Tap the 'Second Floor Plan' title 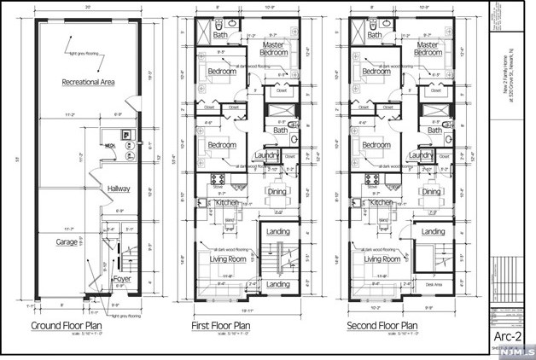[x=382, y=326]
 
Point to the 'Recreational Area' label [x=90, y=82]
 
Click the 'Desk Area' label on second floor [x=434, y=285]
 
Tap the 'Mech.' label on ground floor [x=110, y=146]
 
